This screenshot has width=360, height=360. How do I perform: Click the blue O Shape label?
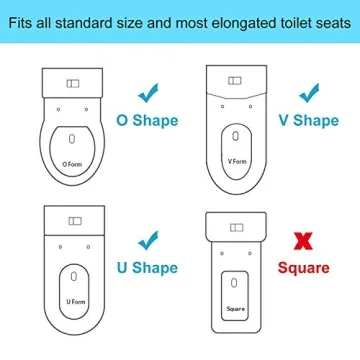[x=148, y=121]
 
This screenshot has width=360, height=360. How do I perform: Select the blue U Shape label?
[x=148, y=268]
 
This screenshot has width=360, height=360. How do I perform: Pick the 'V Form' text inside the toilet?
[x=237, y=161]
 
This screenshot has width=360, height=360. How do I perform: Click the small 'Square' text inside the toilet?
[x=235, y=309]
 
